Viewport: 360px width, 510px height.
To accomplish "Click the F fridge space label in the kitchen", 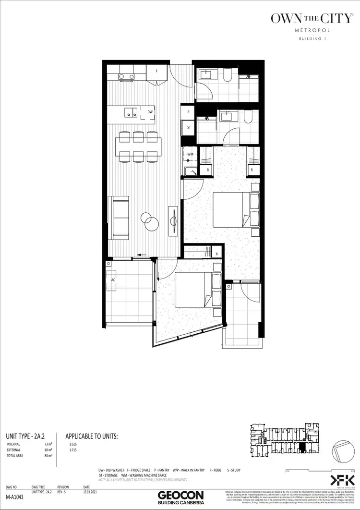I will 156,71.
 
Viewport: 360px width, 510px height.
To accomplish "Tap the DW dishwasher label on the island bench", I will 150,112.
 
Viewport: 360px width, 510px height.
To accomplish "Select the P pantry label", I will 189,112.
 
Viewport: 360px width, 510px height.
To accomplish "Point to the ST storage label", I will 189,127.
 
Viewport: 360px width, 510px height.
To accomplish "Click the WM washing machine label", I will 190,154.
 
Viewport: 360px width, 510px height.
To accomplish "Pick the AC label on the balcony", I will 113,279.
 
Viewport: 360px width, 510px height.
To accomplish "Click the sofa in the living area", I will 118,218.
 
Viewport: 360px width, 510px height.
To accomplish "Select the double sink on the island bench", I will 131,112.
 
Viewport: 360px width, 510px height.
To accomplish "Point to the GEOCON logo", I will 180,495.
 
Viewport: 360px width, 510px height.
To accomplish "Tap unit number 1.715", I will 73,450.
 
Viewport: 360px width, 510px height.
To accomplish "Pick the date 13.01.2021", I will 91,492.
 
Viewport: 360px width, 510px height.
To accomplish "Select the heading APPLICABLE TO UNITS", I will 91,436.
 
